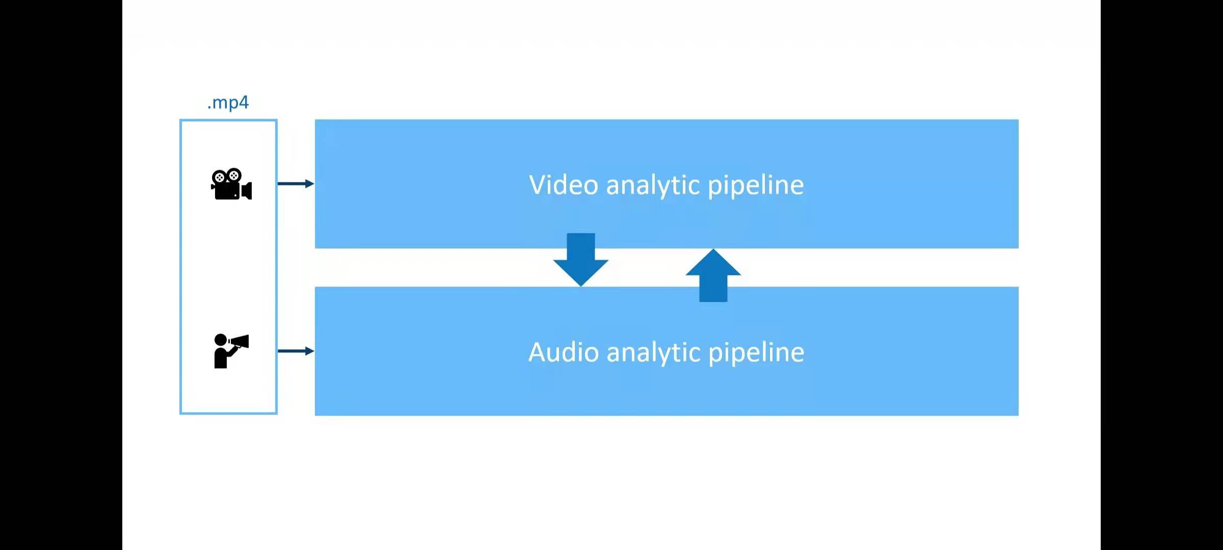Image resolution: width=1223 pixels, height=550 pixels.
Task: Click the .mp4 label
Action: [228, 103]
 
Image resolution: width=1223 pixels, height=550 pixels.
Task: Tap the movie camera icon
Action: [231, 184]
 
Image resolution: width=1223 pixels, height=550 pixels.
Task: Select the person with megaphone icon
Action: [230, 351]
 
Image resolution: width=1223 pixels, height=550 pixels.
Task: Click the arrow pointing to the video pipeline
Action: [296, 183]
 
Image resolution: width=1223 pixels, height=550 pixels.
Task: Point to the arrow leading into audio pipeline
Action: [296, 351]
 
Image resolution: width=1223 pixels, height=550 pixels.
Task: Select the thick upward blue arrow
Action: [713, 276]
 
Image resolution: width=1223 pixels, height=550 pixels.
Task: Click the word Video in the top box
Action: [564, 185]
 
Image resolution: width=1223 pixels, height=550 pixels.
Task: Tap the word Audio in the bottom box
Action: [564, 352]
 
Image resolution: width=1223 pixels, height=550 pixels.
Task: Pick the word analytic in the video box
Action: [653, 185]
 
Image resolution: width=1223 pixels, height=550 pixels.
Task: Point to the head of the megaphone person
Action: [221, 340]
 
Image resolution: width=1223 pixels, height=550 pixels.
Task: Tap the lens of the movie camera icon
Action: [247, 191]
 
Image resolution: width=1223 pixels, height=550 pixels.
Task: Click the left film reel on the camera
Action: [219, 177]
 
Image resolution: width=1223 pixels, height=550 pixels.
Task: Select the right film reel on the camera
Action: [234, 175]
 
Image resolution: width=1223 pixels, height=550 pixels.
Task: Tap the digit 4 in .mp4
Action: [244, 103]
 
